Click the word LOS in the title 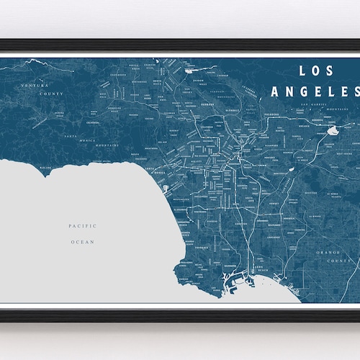(x=310, y=72)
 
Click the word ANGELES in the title (x=315, y=91)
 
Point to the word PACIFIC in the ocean (x=82, y=226)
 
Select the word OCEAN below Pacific (x=82, y=243)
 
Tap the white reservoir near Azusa (x=333, y=132)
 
